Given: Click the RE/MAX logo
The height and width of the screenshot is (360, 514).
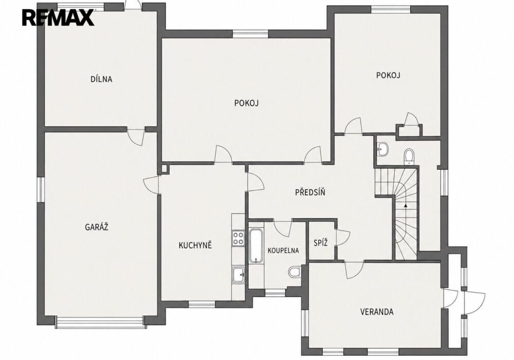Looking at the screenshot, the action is click(58, 17).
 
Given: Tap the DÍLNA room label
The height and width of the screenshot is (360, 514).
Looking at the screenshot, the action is click(101, 79).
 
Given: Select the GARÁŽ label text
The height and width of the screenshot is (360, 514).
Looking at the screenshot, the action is click(97, 227).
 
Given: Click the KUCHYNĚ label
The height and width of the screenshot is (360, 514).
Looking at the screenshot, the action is click(195, 245).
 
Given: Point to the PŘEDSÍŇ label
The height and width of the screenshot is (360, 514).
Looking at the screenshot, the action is click(310, 192).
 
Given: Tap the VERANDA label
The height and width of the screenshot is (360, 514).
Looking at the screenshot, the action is click(377, 312).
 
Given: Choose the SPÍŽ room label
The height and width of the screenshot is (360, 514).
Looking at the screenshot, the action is click(321, 243).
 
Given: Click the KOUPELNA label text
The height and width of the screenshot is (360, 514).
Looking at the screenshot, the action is click(283, 250).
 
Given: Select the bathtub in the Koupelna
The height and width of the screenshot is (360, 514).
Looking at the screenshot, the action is click(255, 246).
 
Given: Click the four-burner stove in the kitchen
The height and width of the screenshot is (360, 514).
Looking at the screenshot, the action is click(238, 238).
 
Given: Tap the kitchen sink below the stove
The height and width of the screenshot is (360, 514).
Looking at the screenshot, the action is click(238, 275).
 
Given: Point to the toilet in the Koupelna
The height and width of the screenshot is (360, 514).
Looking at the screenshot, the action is click(295, 272).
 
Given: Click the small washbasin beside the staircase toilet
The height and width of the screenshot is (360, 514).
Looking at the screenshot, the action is click(382, 149).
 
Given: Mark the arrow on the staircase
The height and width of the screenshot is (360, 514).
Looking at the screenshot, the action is click(406, 206).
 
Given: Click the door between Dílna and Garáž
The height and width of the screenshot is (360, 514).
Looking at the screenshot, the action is click(136, 136).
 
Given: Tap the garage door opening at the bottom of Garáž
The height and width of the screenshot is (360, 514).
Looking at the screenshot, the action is click(100, 322).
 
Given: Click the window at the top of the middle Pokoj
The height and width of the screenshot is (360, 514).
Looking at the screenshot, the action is click(250, 33).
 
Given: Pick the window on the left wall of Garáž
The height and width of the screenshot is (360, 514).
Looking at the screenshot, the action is click(40, 189).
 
